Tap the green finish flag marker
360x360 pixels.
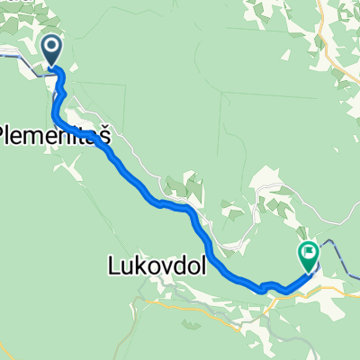click(x=309, y=256)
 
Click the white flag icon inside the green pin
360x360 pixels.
click(x=309, y=252)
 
